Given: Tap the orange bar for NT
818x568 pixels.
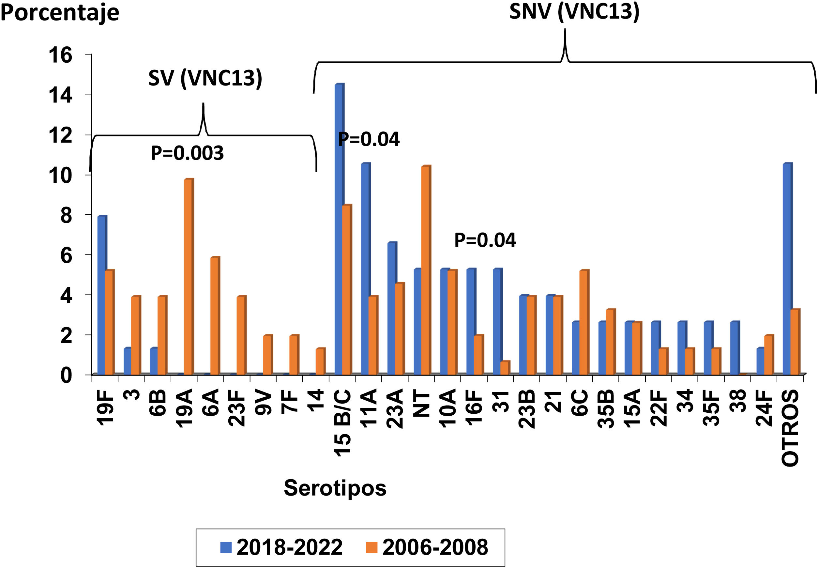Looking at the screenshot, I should (426, 270).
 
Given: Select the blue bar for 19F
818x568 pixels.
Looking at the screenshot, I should (101, 295).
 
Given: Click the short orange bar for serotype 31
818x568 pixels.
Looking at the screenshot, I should (505, 368).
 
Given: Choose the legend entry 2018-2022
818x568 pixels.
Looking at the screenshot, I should (281, 547).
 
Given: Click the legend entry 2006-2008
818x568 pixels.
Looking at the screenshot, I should (427, 547).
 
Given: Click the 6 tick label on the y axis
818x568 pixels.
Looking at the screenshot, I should (66, 255).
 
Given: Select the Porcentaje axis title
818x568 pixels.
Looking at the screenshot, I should (60, 13).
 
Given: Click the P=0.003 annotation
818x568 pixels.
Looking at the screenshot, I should (187, 153).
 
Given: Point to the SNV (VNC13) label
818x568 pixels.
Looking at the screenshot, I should (574, 11).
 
